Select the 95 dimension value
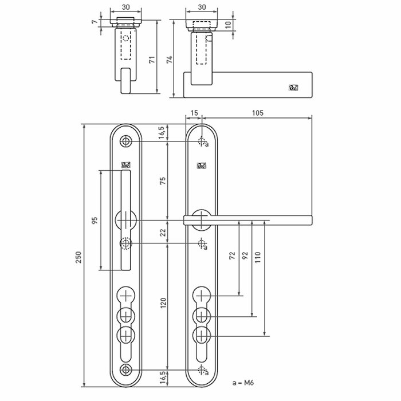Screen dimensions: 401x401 95,219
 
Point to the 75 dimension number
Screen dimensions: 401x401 162,180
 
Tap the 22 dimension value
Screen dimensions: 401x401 162,232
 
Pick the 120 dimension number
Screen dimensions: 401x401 162,303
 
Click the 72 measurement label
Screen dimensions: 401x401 232,256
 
